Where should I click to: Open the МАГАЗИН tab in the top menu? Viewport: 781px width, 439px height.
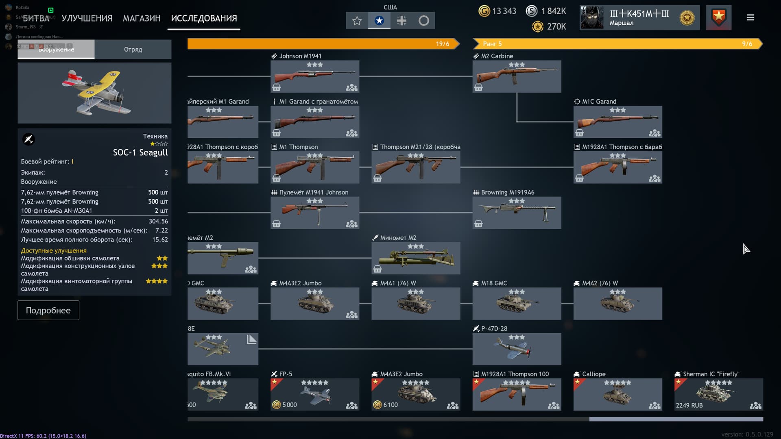click(x=142, y=18)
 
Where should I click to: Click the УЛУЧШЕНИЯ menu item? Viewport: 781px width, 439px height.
click(x=87, y=18)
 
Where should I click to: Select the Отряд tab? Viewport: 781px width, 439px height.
click(x=133, y=49)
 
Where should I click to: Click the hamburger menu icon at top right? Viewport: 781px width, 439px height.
click(x=750, y=17)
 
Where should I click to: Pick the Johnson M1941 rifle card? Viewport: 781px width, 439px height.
click(x=314, y=76)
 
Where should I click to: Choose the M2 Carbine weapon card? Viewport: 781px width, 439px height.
click(x=517, y=76)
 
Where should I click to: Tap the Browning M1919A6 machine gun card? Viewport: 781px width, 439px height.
click(x=517, y=213)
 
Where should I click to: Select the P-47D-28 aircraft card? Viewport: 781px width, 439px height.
click(x=517, y=349)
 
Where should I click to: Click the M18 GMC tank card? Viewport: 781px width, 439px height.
click(x=517, y=303)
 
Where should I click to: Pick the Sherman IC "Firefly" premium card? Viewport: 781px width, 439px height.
click(x=718, y=394)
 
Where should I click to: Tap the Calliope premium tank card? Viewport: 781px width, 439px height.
click(x=617, y=394)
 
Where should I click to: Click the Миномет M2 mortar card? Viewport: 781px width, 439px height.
click(x=416, y=258)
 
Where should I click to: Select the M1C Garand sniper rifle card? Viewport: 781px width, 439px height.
click(x=617, y=122)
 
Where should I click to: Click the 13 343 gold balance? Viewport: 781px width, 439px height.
click(x=504, y=11)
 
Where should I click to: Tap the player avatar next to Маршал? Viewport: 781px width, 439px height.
click(x=591, y=18)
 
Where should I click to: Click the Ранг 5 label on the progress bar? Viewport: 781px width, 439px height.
click(x=492, y=44)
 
